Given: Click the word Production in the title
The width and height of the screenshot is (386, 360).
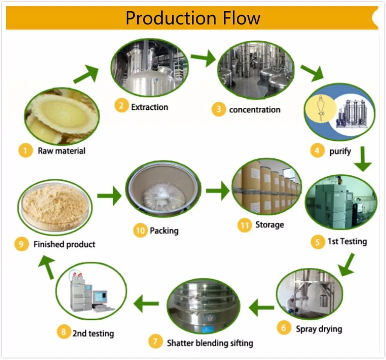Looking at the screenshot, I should [160, 18].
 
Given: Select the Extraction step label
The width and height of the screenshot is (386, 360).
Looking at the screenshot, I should [149, 106].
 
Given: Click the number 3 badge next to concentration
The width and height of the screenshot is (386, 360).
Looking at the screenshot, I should [218, 109].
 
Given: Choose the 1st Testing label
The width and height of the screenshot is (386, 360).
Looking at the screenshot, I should [347, 242].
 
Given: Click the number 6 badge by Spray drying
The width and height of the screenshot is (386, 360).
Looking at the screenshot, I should [284, 328].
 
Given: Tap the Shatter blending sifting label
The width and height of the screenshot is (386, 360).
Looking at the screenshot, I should [209, 343].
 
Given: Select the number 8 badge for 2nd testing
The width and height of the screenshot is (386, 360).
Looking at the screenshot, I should [63, 333].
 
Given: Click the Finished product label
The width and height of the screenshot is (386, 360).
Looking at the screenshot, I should [64, 245].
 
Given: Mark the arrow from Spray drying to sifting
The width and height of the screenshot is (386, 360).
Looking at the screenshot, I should [261, 307].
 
